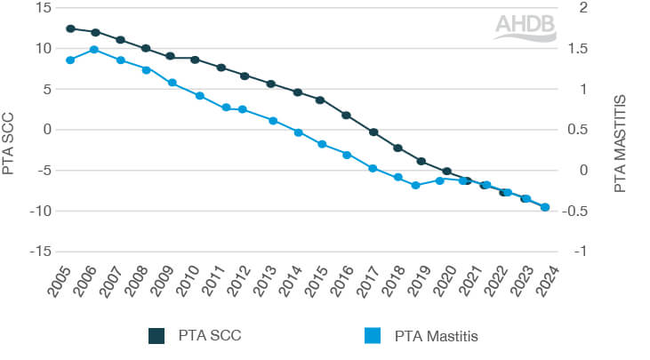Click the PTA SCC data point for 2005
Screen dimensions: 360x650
[x=70, y=28]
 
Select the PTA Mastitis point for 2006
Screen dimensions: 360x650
[x=94, y=50]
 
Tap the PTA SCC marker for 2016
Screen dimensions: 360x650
[x=347, y=116]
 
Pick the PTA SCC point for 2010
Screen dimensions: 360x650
[x=195, y=60]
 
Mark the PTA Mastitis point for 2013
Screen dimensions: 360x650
[x=273, y=121]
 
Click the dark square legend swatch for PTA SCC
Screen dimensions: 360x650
[x=157, y=335]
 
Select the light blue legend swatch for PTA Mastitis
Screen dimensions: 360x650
[x=373, y=335]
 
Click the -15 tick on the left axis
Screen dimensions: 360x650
[x=40, y=252]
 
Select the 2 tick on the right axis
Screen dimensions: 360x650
[x=583, y=8]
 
